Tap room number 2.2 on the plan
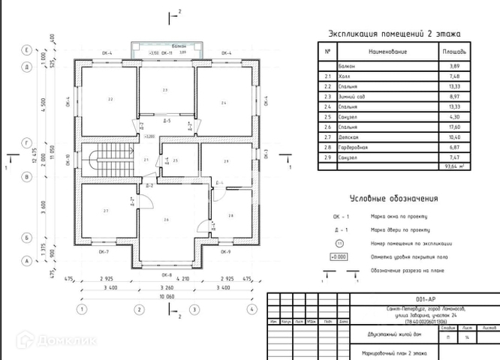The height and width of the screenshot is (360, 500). tap(110, 98)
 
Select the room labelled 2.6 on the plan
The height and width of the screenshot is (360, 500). tap(166, 219)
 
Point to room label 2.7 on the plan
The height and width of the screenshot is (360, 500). tap(106, 211)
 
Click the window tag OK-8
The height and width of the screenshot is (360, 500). tap(167, 274)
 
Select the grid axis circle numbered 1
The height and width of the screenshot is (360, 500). tap(81, 309)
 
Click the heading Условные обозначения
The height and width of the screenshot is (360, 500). tap(394, 199)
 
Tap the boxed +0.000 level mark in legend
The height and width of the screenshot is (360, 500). tap(339, 257)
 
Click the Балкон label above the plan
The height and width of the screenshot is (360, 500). tap(167, 46)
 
